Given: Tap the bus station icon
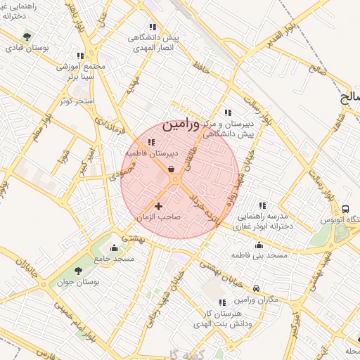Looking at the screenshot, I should pyautogui.click(x=345, y=209).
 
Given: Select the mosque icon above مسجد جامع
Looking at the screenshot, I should pyautogui.click(x=114, y=247).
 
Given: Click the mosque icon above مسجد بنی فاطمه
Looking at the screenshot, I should pyautogui.click(x=259, y=245).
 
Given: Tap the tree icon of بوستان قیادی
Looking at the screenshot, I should pyautogui.click(x=27, y=36).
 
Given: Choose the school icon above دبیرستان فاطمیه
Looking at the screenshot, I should pyautogui.click(x=151, y=142).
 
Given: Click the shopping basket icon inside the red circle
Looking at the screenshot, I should pyautogui.click(x=172, y=168).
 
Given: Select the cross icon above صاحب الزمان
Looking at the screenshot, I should pyautogui.click(x=158, y=206).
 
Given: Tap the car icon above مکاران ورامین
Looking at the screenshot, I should pyautogui.click(x=257, y=288).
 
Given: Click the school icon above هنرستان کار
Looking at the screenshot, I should pyautogui.click(x=222, y=302).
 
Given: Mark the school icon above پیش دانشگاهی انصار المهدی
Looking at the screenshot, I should pyautogui.click(x=153, y=27).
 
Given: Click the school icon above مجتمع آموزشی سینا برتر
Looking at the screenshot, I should pyautogui.click(x=80, y=56).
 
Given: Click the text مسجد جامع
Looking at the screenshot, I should pyautogui.click(x=117, y=259).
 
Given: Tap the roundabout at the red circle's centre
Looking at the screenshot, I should pyautogui.click(x=176, y=181).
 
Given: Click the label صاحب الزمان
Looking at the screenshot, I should pyautogui.click(x=158, y=217).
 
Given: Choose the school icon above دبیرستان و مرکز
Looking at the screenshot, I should pyautogui.click(x=227, y=112).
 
